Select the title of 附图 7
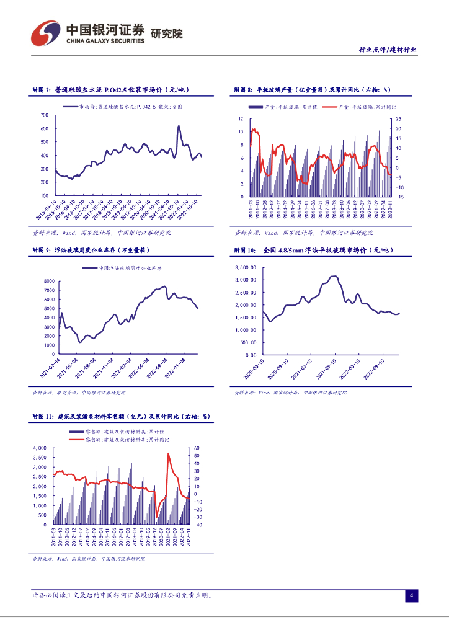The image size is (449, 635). click(110, 91)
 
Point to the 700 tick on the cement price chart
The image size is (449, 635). click(44, 115)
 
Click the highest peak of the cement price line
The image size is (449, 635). click(179, 126)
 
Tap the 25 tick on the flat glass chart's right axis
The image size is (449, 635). click(399, 119)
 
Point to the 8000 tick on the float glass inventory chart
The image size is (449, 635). click(49, 282)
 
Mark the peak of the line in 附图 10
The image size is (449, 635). click(334, 276)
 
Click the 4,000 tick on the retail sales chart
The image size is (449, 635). click(38, 448)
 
